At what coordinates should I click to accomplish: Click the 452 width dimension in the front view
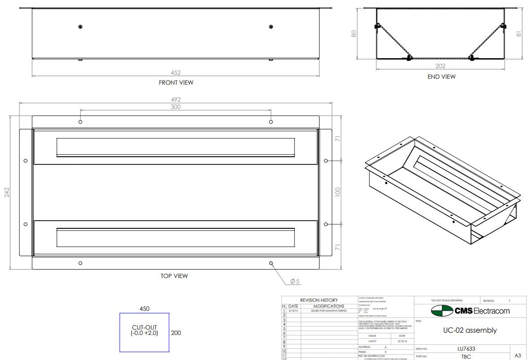tap(176, 73)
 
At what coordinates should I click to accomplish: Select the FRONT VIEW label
tap(176, 82)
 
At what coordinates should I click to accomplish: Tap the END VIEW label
tap(441, 77)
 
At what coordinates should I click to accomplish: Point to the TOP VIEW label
tap(174, 276)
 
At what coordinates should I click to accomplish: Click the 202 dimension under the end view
tap(441, 66)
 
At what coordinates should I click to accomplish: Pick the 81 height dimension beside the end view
tap(519, 34)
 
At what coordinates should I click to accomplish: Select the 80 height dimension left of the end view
tap(354, 34)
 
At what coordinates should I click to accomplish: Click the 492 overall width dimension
tap(176, 100)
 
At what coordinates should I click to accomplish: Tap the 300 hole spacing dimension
tap(176, 107)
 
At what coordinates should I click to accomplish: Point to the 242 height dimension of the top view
tap(7, 193)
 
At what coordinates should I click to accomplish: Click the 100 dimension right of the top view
tap(338, 192)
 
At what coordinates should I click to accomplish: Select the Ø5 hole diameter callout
tap(294, 281)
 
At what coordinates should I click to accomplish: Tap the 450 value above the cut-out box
tap(144, 309)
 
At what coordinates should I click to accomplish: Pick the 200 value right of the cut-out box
tap(176, 333)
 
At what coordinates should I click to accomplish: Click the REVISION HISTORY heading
tap(319, 300)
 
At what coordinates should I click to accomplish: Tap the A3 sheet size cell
tap(518, 355)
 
